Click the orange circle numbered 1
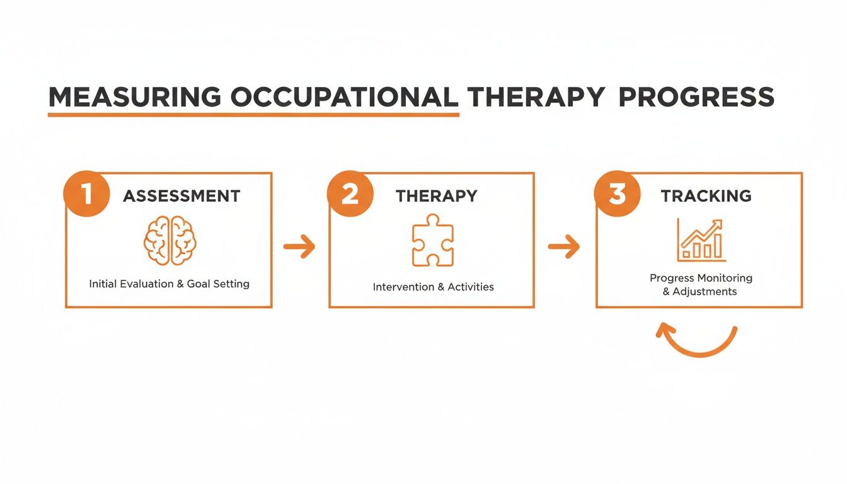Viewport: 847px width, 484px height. click(x=87, y=193)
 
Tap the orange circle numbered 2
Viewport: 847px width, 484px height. click(x=350, y=193)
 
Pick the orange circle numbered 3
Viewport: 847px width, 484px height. click(x=618, y=193)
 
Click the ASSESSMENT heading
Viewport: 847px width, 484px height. click(x=181, y=196)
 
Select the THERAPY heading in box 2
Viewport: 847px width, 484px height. click(x=436, y=196)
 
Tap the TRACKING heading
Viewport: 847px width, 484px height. click(x=706, y=196)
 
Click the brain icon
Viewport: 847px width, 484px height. click(x=170, y=241)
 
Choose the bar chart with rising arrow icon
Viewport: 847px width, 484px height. click(x=701, y=240)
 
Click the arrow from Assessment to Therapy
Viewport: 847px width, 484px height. click(x=299, y=246)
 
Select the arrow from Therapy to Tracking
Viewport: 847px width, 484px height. click(x=564, y=246)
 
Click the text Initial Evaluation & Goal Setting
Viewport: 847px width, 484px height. click(x=169, y=284)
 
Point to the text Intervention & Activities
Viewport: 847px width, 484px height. click(x=433, y=287)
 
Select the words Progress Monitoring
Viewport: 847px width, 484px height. click(x=701, y=278)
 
